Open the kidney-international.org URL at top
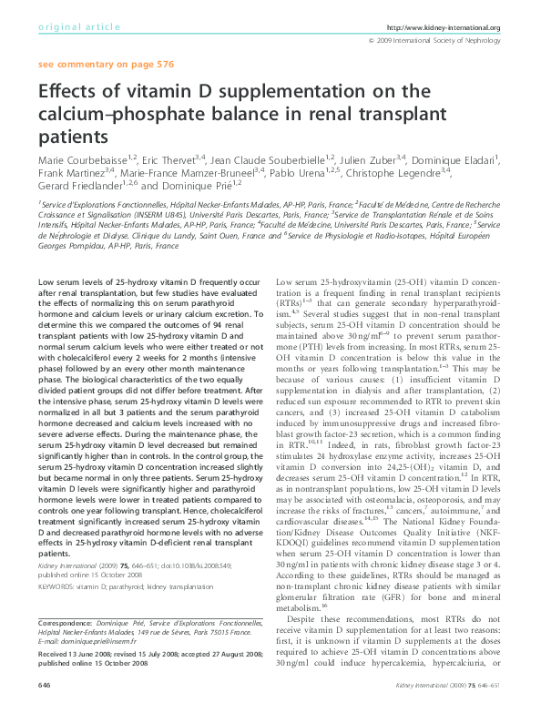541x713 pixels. [x=444, y=28]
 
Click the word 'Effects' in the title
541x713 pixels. [x=69, y=95]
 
